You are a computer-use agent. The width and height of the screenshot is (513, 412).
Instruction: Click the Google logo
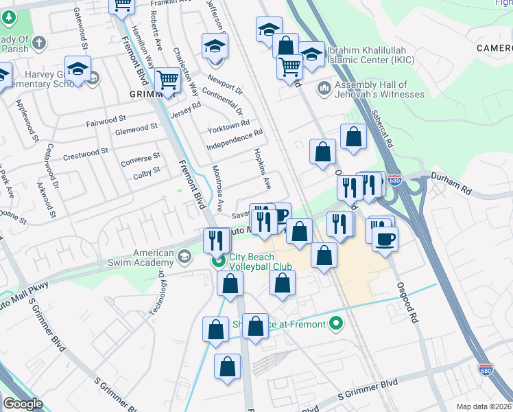click(x=23, y=404)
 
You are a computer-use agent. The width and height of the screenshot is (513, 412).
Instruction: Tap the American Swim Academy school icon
click(x=184, y=257)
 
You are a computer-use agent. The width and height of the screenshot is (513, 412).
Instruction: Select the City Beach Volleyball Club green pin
click(x=219, y=261)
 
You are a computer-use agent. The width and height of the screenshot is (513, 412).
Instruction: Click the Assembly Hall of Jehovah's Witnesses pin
click(x=324, y=89)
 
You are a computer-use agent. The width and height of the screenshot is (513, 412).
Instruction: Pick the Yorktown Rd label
click(x=228, y=126)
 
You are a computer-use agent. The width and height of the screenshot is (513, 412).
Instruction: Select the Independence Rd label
click(x=235, y=140)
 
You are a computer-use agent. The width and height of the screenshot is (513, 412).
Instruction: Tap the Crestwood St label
click(x=86, y=152)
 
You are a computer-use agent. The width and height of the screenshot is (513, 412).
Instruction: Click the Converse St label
click(x=140, y=160)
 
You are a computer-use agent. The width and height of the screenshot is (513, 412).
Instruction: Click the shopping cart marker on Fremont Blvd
click(x=167, y=80)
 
